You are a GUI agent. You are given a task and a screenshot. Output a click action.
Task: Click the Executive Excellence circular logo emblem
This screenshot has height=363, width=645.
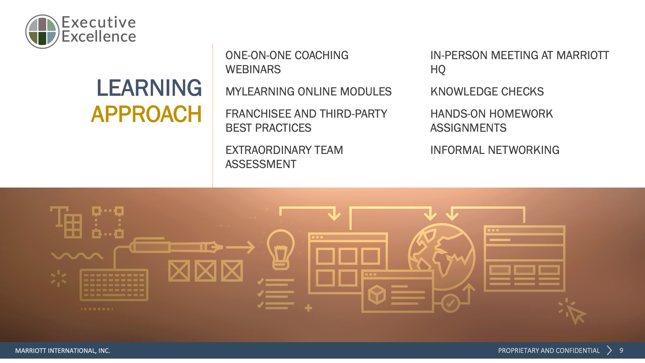point(42,32)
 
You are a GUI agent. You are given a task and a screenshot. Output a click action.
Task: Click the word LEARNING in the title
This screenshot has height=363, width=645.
point(149,88)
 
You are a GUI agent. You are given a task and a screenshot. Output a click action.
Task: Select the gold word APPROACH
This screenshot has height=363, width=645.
point(146,114)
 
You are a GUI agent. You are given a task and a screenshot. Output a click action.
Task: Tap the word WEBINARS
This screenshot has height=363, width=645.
point(253,69)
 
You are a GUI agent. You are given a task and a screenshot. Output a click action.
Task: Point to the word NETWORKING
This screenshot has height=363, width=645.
point(523,150)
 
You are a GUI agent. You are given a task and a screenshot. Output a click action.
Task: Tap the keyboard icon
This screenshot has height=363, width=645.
point(114,285)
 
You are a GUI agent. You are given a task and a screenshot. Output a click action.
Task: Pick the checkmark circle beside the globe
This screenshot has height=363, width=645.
point(450,303)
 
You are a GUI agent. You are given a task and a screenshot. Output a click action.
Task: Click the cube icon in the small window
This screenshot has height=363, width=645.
point(377,294)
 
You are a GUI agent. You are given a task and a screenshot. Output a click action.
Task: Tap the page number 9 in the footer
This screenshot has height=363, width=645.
point(621,351)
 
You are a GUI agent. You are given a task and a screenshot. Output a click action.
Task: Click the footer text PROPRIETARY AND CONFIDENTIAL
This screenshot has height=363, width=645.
point(549,351)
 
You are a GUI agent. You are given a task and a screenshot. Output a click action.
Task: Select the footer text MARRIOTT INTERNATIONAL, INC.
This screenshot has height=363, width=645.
point(62,351)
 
